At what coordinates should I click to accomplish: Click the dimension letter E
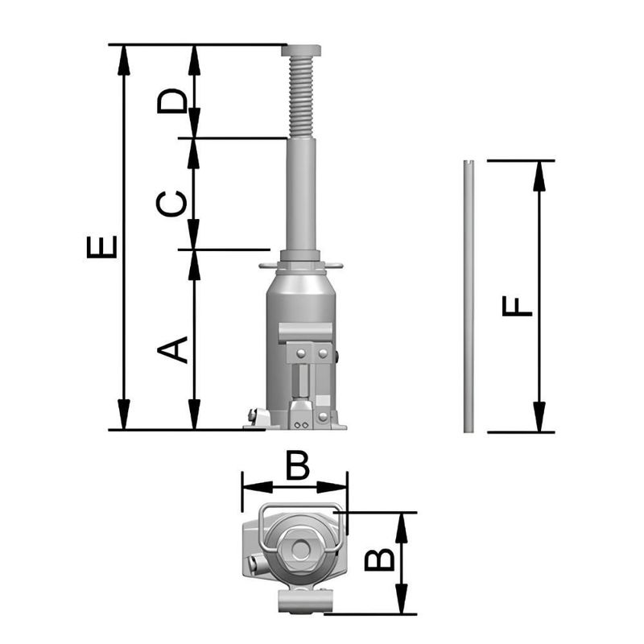point(102,247)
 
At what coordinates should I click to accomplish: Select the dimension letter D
point(172,101)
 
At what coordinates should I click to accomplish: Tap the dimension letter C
point(171,204)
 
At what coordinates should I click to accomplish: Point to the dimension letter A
point(172,350)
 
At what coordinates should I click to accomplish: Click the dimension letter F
point(517,307)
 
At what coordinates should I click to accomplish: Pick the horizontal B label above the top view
point(297,465)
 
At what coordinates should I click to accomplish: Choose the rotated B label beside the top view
point(379,559)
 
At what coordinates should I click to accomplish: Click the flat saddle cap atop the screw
point(301,50)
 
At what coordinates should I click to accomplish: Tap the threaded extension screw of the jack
point(301,97)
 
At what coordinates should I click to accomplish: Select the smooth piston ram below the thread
point(301,195)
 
